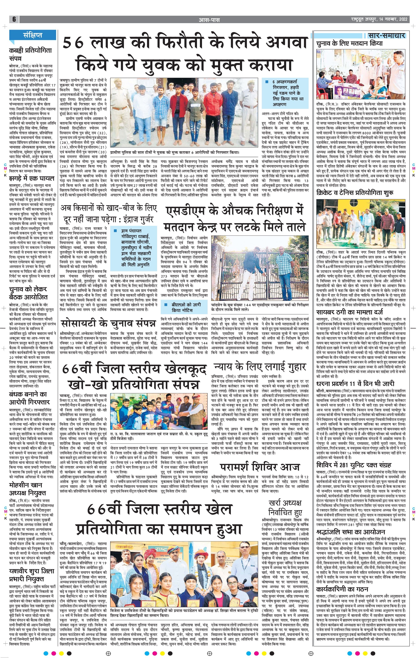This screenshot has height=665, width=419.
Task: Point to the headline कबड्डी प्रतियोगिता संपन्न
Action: pos(30,54)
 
